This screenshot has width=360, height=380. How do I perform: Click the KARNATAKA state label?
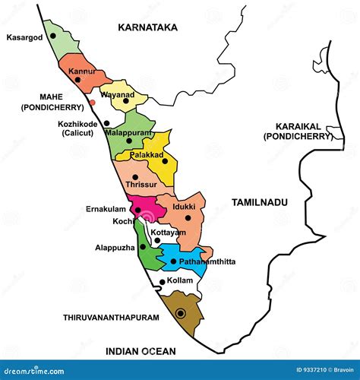click(x=147, y=27)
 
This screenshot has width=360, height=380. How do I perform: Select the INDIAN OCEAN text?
click(x=141, y=351)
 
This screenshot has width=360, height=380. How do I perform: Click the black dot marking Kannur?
click(x=77, y=79)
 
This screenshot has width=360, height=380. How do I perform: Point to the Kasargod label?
click(x=24, y=36)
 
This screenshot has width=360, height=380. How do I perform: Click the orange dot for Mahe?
click(x=92, y=102)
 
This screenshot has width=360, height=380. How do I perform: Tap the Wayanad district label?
click(x=118, y=95)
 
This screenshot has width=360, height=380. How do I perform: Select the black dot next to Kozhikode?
click(x=107, y=122)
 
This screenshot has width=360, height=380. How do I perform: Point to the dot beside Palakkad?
click(x=165, y=161)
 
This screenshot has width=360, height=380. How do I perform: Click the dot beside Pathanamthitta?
click(x=173, y=261)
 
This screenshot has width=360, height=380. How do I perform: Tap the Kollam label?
click(x=180, y=281)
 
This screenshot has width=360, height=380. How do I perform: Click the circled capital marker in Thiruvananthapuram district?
click(x=180, y=313)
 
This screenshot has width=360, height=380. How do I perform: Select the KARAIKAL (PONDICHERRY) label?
click(x=298, y=131)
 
